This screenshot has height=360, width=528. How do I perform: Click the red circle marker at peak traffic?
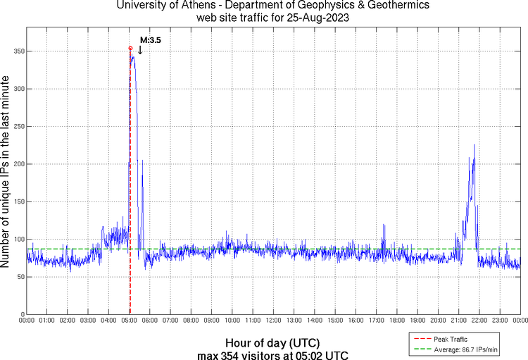click(130, 49)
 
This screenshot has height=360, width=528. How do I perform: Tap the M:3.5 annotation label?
click(151, 41)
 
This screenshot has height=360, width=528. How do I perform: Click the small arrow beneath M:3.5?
click(140, 50)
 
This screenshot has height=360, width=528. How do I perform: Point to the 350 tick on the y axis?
click(16, 51)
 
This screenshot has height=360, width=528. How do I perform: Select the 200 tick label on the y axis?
click(16, 164)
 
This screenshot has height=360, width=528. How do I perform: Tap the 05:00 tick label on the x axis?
click(130, 321)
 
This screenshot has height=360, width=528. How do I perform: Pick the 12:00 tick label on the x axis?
click(273, 321)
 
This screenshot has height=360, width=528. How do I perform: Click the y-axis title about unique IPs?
click(6, 173)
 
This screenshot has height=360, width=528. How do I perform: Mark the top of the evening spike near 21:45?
click(474, 144)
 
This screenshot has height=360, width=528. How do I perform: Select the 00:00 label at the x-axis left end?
click(27, 321)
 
